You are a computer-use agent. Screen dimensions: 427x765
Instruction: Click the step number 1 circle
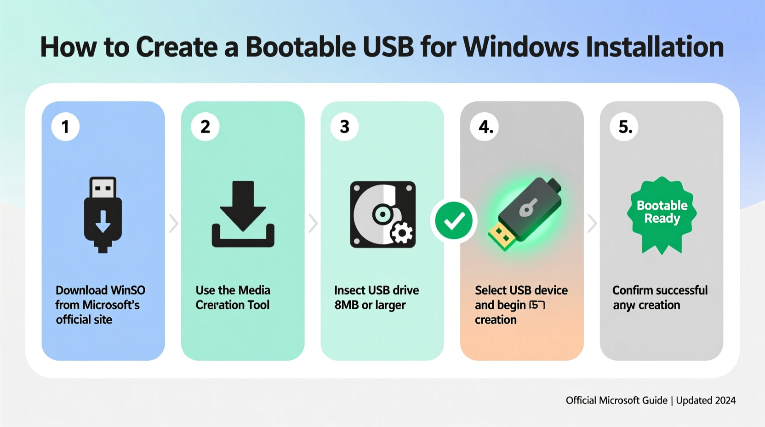point(65,127)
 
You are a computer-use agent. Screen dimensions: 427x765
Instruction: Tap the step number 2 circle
point(205,127)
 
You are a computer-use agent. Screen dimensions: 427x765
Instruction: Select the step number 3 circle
point(344,127)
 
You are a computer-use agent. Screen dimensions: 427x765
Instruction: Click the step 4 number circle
point(485,127)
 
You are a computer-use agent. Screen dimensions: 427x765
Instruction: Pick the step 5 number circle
point(624,127)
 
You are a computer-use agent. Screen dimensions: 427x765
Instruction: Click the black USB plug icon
point(103,214)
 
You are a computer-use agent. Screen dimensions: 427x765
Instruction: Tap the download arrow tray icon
point(243,214)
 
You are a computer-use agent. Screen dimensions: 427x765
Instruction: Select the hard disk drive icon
point(382,214)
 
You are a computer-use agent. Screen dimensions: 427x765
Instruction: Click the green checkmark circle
point(454,221)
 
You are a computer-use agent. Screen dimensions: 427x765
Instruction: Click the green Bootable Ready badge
point(662,214)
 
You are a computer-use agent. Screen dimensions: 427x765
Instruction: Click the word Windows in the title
point(520,47)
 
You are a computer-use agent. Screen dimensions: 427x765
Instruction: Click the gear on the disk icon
point(401,233)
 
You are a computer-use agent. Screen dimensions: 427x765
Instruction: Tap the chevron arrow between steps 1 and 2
point(173,224)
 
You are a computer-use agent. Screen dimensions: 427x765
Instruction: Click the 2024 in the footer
point(725,400)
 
